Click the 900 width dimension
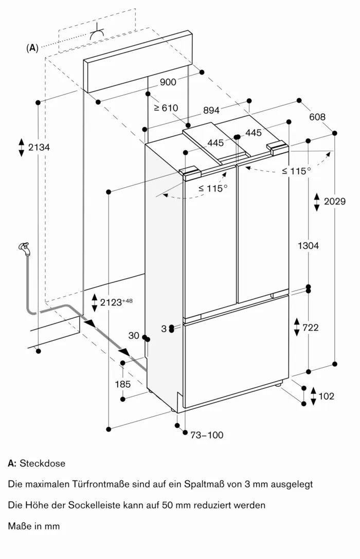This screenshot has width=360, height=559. coord(168,82)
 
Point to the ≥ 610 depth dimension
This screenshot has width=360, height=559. coord(166,108)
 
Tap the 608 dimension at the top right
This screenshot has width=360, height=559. coord(317,117)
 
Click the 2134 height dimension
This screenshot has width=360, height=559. coord(39,147)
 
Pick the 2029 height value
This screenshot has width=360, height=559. coord(335,201)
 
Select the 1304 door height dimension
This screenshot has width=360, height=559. coord(308,246)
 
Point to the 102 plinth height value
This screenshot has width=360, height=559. coord(326,396)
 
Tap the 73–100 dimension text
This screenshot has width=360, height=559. coord(207,435)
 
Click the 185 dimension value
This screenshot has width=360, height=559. coord(122,384)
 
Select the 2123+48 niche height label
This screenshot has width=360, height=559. coord(116,302)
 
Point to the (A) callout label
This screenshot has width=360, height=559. coord(32,48)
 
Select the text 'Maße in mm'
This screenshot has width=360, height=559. coord(34,526)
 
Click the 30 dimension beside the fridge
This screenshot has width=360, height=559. coord(134,335)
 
